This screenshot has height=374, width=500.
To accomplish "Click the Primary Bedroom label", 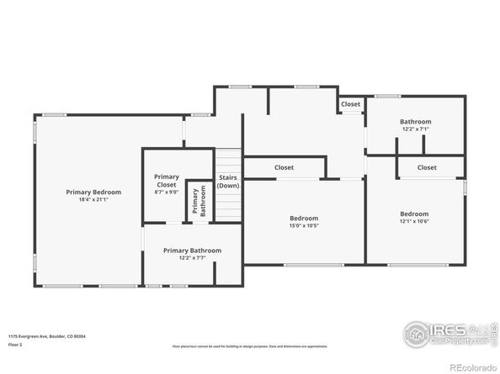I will [x=93, y=192].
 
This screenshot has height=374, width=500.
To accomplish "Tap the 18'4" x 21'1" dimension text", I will [x=93, y=199].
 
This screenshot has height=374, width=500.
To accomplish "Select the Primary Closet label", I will [x=167, y=180].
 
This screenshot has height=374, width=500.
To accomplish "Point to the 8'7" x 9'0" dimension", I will [x=167, y=192].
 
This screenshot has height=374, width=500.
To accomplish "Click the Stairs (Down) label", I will [x=228, y=182].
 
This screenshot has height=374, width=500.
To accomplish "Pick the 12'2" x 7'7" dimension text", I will [x=192, y=257].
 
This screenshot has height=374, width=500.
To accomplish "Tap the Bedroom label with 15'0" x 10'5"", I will [x=304, y=218].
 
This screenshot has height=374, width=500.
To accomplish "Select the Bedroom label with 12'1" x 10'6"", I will [x=414, y=213].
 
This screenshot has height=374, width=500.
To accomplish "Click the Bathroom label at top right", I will [x=416, y=122].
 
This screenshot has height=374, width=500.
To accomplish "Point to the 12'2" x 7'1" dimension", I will [x=416, y=129].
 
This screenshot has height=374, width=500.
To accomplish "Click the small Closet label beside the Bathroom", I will [x=351, y=104].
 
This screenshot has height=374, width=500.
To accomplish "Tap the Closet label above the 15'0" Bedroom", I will [x=285, y=167].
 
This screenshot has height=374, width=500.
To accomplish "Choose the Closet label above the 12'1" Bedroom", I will [x=428, y=167].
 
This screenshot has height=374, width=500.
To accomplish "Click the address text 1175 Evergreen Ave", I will [x=47, y=335].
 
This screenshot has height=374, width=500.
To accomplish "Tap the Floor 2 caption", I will [x=16, y=345].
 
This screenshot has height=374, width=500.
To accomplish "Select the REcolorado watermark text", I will [x=473, y=366].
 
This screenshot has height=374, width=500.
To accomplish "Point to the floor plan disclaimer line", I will [x=250, y=345].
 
